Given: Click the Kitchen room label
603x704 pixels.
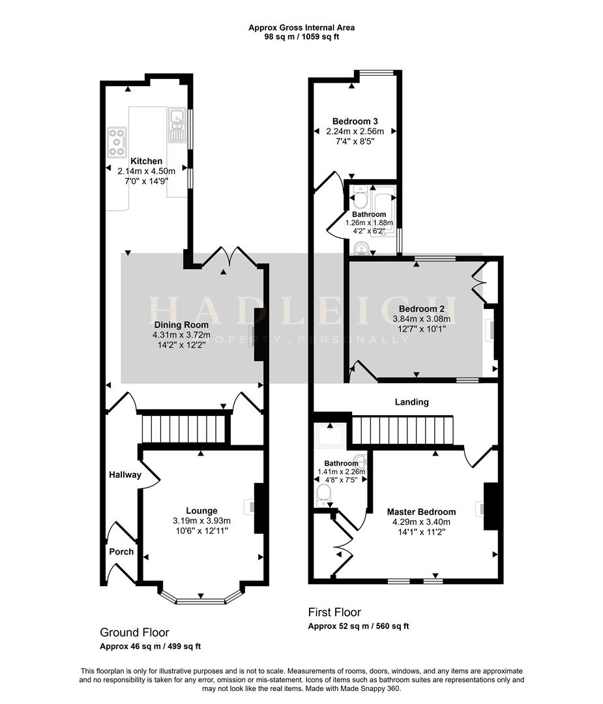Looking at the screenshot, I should pos(146,161).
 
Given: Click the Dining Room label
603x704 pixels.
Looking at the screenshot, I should pos(181,325).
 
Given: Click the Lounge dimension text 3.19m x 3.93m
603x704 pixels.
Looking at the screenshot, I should pos(201,521).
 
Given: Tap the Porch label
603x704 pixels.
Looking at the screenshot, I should pos(121,551).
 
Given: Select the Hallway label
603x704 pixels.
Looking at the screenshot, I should pos(125,475).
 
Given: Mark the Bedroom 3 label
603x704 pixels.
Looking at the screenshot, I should pos(355,121).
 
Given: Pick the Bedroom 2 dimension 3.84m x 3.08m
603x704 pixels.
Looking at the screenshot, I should pos(421,319).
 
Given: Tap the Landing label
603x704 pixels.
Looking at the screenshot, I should pos(412,402).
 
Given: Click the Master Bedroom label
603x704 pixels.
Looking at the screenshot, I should pos(421,512).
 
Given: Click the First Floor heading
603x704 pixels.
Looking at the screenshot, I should pos(334,612).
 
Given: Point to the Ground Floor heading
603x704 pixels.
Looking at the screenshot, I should pos(134,632).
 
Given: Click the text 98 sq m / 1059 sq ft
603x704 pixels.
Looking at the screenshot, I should pos(301,37).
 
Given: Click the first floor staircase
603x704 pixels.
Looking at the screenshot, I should pos(402,430).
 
